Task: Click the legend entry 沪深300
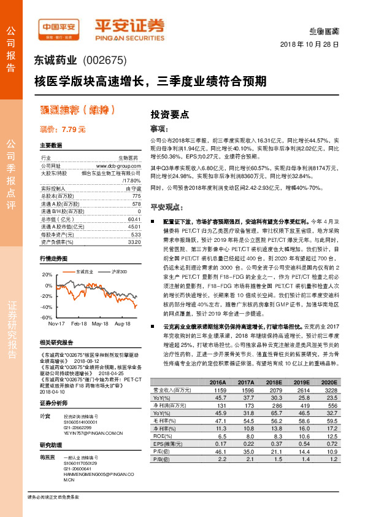click(x=120, y=271)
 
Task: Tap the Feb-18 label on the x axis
click(x=79, y=323)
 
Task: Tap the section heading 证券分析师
click(x=52, y=403)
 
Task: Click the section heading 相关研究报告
click(x=56, y=342)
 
